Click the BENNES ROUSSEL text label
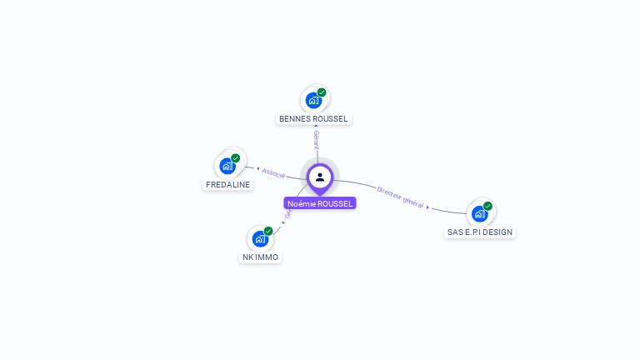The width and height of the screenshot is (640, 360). tap(313, 119)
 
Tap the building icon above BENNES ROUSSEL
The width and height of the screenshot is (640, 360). tap(313, 101)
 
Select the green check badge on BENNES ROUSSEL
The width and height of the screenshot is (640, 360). tap(322, 92)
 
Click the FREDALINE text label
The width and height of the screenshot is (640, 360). tap(227, 184)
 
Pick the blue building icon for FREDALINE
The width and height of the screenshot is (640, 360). tap(227, 166)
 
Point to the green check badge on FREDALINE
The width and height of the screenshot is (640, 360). tap(235, 158)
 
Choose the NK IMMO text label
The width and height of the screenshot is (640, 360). tap(260, 257)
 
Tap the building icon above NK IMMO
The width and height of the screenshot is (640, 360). tap(260, 239)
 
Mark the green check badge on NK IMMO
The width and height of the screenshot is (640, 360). tap(268, 231)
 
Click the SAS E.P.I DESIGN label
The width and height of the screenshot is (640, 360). tap(480, 232)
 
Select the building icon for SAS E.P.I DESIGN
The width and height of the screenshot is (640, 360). tap(479, 213)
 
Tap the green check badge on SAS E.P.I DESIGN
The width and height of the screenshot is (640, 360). tap(487, 206)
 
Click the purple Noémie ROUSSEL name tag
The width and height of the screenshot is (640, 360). tap(320, 203)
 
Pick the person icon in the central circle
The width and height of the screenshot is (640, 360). tap(320, 177)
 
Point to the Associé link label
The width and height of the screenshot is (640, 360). tap(273, 173)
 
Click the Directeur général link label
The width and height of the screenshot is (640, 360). tap(400, 197)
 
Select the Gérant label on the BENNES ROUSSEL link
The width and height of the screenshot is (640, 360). tap(317, 140)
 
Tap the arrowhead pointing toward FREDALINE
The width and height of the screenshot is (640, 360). tap(257, 169)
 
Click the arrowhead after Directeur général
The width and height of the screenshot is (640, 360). tap(428, 206)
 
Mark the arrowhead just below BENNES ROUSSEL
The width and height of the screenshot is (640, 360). tap(316, 127)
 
